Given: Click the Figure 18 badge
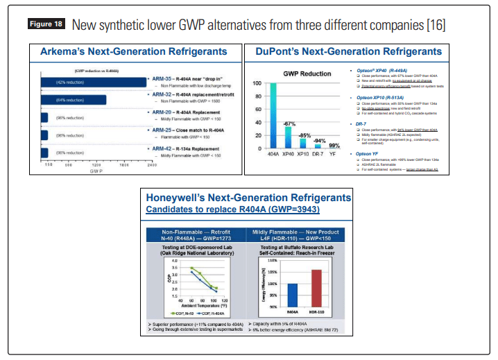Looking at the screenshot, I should pos(46,24).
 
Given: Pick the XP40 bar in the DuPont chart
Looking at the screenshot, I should pos(288,137).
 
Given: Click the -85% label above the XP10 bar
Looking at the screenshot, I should pos(303,135).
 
